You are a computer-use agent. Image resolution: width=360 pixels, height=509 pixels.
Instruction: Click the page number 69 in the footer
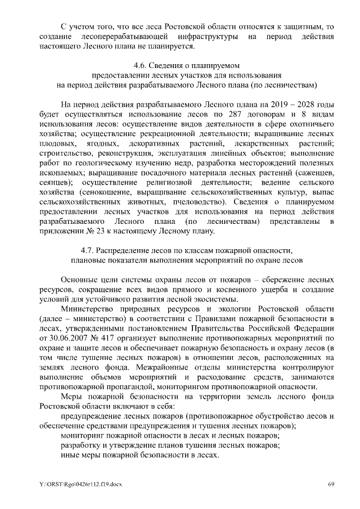coord(331,484)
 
